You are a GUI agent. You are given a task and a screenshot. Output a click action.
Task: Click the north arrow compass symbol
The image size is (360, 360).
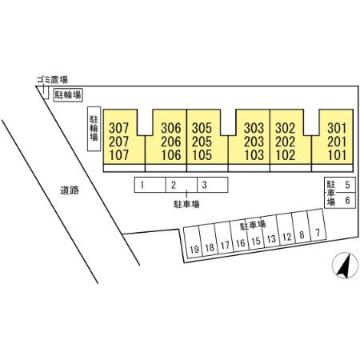345,266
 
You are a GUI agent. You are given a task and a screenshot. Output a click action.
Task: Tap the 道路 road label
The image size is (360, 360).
70,190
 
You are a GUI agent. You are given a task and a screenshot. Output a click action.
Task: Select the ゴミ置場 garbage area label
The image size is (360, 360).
52,79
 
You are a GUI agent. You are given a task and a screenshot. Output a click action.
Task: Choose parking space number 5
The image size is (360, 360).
347,185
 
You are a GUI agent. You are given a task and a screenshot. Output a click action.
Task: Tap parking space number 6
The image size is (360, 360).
347,200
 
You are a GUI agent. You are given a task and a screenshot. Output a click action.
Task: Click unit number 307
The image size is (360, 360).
118,128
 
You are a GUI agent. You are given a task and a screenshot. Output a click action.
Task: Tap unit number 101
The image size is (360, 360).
337,155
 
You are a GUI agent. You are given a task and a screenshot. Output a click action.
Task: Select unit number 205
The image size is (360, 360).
202,142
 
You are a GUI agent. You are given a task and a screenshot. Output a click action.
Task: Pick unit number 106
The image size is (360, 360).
171,155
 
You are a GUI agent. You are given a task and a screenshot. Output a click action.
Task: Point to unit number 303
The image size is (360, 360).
254,128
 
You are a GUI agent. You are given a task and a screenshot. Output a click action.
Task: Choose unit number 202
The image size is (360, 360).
286,142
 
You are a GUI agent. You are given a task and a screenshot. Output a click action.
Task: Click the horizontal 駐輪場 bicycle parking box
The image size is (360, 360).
68,94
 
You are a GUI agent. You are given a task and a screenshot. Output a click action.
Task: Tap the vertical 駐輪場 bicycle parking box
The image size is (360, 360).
94,129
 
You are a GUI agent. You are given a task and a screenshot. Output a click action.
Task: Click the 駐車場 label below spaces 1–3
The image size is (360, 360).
186,204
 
